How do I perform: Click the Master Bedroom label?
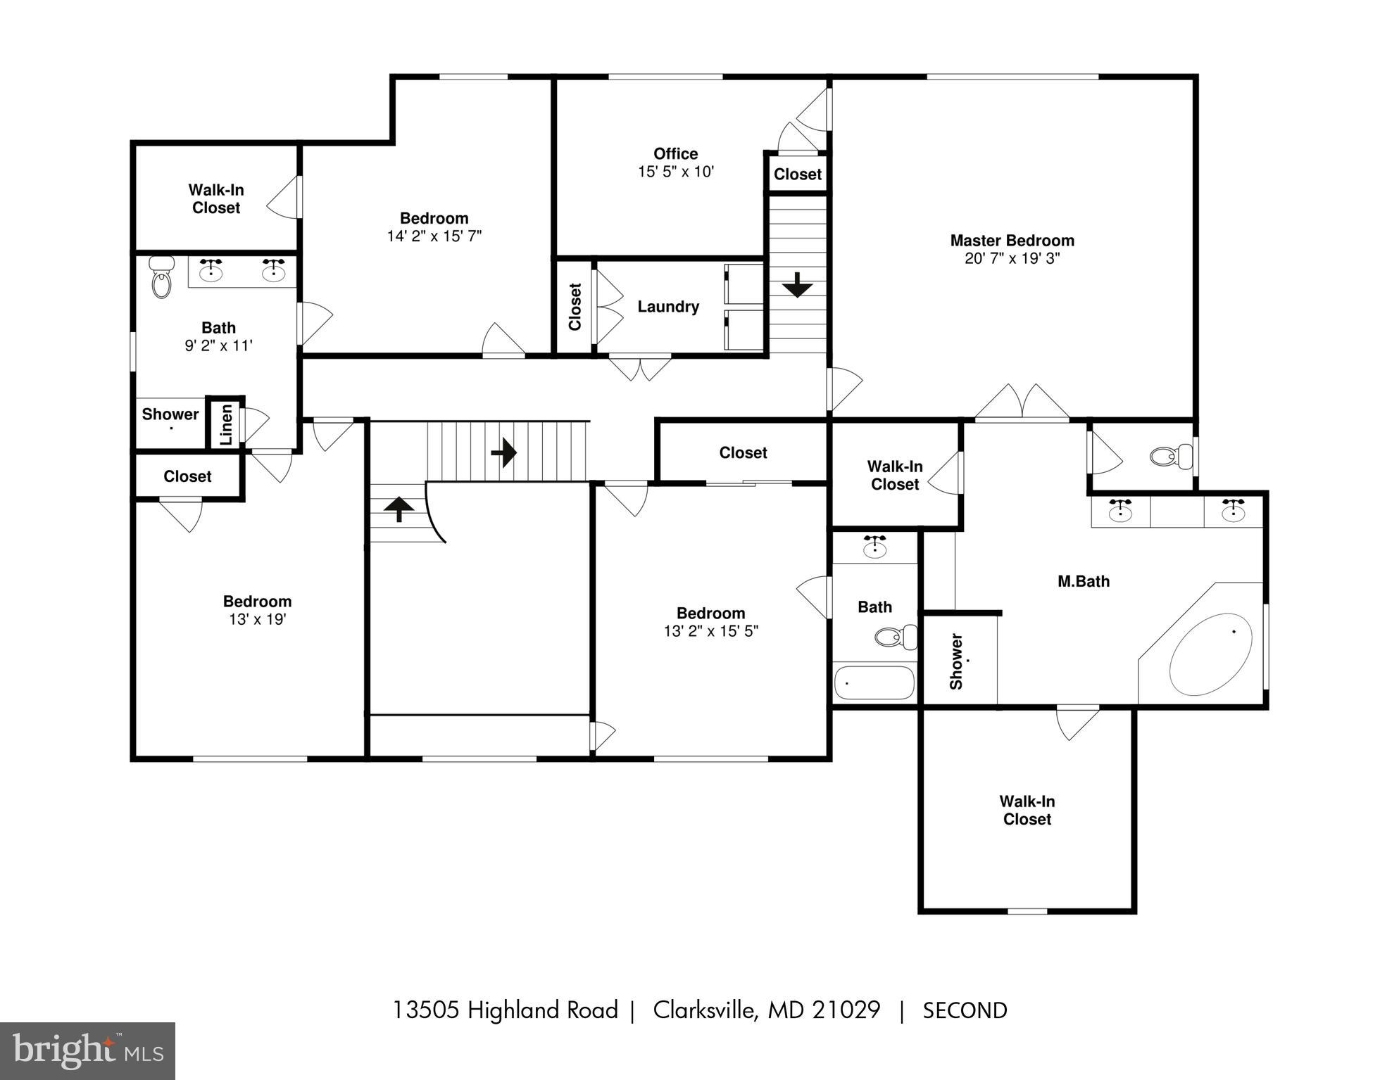[x=1012, y=241]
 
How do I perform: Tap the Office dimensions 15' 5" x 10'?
[x=675, y=172]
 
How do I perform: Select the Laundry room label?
[x=667, y=307]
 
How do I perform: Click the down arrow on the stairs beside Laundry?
[x=797, y=285]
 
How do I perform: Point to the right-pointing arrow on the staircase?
[x=504, y=452]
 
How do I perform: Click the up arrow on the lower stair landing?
[x=399, y=508]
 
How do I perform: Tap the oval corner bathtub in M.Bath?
[x=1210, y=654]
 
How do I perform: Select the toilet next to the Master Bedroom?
[x=1171, y=457]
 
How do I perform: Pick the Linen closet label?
[x=226, y=424]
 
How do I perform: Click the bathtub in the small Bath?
[x=874, y=682]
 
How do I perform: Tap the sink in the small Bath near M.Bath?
[x=874, y=547]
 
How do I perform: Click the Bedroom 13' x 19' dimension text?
[x=257, y=620]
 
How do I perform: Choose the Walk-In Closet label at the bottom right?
[x=1027, y=810]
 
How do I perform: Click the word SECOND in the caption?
[x=965, y=1010]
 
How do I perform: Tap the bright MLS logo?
[x=87, y=1050]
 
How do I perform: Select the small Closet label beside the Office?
[x=797, y=174]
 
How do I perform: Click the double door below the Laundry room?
[x=639, y=368]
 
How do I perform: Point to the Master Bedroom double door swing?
[x=1022, y=402]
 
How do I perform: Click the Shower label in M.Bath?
[x=956, y=661]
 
